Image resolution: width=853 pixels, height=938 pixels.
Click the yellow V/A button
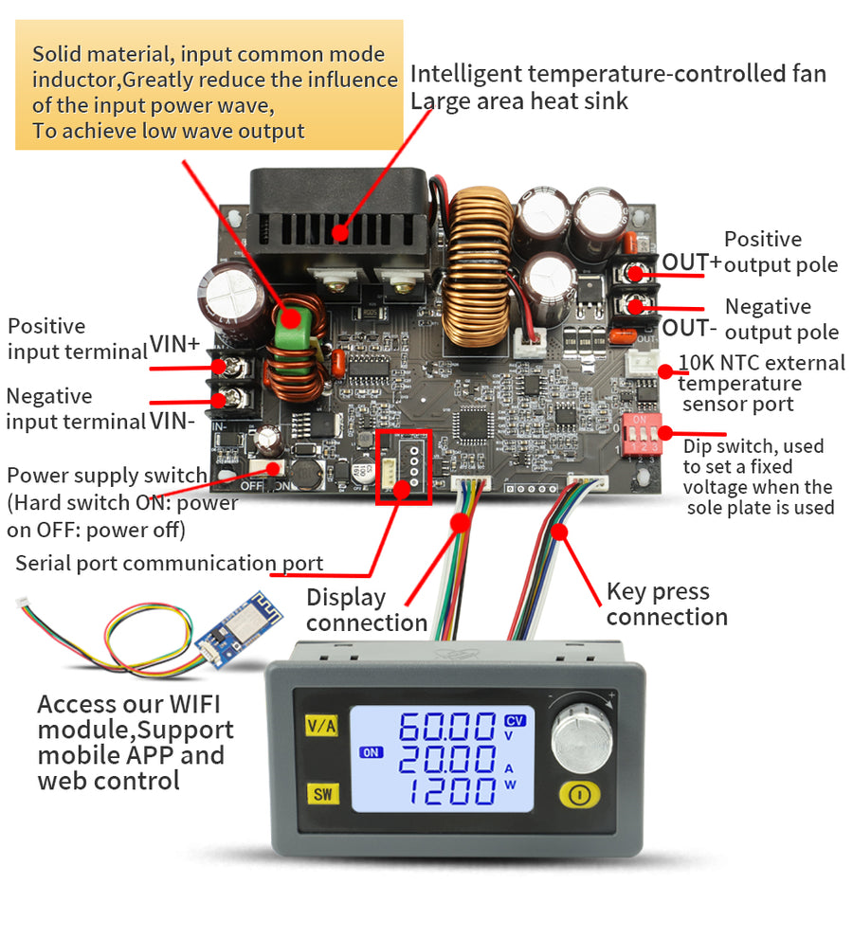(x=321, y=727)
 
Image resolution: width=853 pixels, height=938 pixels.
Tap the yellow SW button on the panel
(x=322, y=794)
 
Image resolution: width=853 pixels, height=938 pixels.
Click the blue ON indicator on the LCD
(x=370, y=753)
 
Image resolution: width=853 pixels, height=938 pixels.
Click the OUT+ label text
(x=691, y=262)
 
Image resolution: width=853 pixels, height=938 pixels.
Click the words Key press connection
(x=666, y=604)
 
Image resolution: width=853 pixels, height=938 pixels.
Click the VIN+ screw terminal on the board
(x=221, y=366)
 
